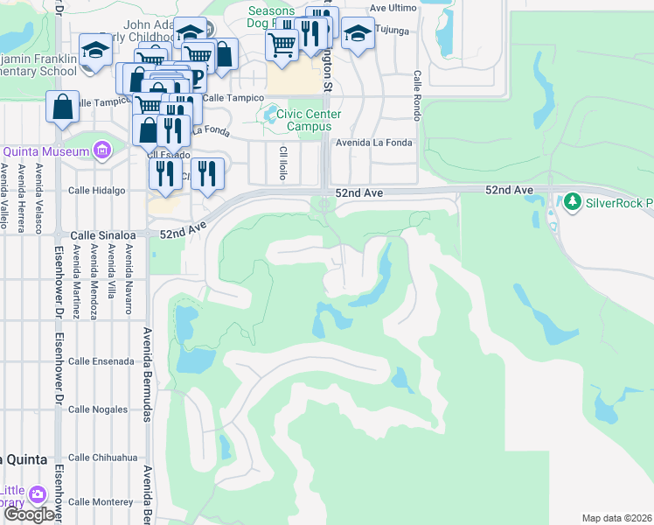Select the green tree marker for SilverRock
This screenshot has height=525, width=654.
[572, 203]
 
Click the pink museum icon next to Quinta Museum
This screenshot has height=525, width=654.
[102, 151]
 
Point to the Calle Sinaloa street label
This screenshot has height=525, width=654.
[102, 235]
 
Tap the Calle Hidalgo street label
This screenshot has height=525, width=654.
[96, 190]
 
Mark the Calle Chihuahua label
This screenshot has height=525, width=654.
[103, 457]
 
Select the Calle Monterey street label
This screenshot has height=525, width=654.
[101, 501]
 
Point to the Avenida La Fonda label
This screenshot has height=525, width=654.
[376, 143]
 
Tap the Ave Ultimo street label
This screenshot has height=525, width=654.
[391, 7]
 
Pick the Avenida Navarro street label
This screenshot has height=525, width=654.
[128, 279]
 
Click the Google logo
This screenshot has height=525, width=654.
[29, 515]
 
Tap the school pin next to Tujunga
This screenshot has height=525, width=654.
[356, 34]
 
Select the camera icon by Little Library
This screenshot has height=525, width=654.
[37, 494]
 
